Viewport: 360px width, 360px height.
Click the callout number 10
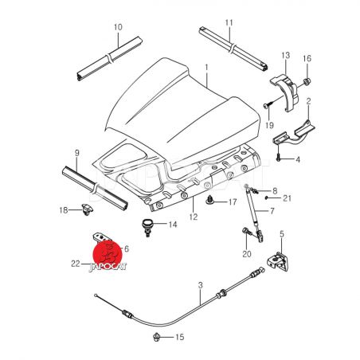[118, 27]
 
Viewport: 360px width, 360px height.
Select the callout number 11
[229, 23]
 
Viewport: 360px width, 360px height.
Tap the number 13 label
[285, 56]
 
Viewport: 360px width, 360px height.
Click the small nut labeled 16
[307, 82]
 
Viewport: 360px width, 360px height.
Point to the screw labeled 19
[268, 105]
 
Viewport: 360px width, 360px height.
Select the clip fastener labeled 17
[209, 200]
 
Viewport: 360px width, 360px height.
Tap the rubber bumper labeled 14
[146, 227]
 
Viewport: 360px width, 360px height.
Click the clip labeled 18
[87, 209]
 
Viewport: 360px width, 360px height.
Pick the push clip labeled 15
[156, 337]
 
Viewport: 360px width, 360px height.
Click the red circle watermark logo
[108, 254]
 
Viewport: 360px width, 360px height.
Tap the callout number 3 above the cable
[200, 285]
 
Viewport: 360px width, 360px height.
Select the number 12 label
[194, 217]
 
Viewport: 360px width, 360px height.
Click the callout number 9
[76, 153]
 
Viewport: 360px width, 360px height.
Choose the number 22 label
[76, 264]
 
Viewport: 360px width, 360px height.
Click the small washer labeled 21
[266, 198]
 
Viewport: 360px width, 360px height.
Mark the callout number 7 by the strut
[272, 211]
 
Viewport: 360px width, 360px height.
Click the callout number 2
[308, 101]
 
